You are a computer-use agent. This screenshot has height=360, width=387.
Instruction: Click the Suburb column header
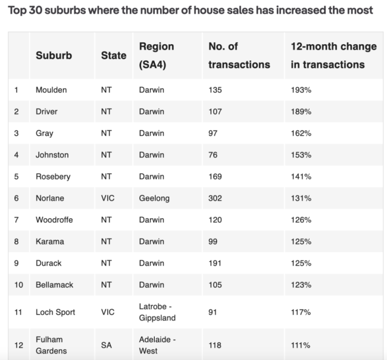[x=54, y=55]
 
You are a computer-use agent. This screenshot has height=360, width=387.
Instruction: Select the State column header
[x=114, y=55]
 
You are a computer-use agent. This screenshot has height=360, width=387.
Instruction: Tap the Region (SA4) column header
[x=156, y=55]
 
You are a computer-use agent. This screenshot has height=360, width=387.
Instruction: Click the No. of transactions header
[x=239, y=55]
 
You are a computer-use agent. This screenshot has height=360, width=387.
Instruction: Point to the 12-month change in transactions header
[x=333, y=55]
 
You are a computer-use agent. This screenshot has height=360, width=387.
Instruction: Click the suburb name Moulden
[x=51, y=90]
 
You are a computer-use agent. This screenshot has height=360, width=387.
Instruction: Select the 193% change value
[x=301, y=90]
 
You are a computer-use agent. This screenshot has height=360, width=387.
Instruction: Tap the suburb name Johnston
[x=52, y=155]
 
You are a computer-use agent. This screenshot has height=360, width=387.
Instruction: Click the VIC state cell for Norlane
[x=108, y=198]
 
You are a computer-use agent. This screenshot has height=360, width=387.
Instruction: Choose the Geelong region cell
[x=154, y=198]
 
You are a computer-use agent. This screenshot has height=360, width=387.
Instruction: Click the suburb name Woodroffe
[x=54, y=220]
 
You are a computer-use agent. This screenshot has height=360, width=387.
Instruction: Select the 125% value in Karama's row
[x=301, y=241]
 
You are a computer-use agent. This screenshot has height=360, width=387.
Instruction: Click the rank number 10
[x=18, y=285]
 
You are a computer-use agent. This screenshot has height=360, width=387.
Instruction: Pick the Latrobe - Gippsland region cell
[x=157, y=312]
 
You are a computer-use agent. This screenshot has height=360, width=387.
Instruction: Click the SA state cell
[x=107, y=345]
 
